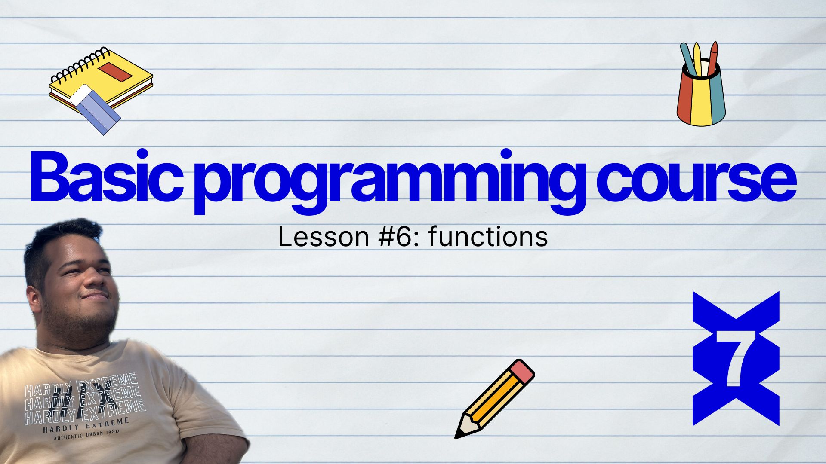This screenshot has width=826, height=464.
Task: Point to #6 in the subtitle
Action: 396,237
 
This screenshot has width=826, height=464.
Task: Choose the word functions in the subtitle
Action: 488,236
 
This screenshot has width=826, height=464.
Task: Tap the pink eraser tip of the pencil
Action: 522,371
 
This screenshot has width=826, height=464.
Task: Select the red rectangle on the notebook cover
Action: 115,71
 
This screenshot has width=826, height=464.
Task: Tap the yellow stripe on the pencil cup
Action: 701,99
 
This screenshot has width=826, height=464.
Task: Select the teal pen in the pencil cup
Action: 688,59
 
